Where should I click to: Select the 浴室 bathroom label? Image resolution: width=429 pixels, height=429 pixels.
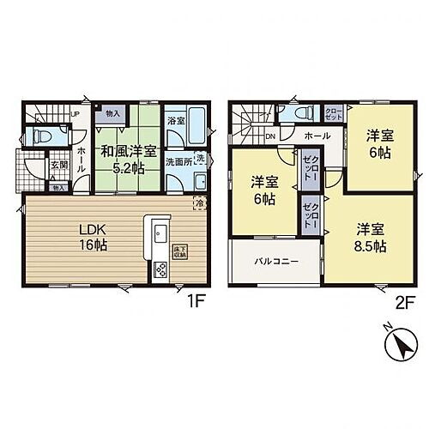point(175,122)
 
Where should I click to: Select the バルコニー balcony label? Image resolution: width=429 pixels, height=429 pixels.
point(275,259)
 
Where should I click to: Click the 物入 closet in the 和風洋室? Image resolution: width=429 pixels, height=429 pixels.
point(112,112)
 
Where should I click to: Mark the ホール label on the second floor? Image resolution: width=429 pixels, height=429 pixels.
point(317,136)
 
